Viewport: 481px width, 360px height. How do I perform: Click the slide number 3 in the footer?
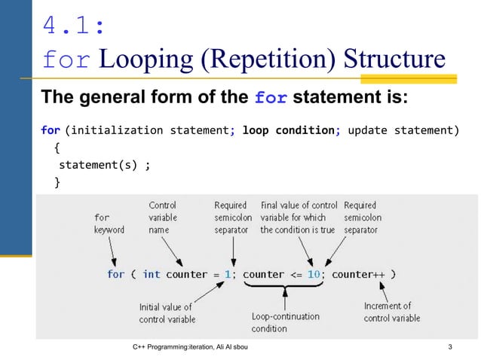click(x=450, y=347)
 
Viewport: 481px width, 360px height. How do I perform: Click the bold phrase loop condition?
click(x=288, y=130)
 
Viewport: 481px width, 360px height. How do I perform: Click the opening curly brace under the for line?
click(x=58, y=148)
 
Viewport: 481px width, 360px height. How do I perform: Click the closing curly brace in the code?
click(x=58, y=182)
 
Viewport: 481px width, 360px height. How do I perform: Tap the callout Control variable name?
click(x=164, y=217)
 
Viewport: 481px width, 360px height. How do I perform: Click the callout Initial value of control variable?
click(x=166, y=313)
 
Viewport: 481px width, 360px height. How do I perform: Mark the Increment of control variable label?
click(x=392, y=312)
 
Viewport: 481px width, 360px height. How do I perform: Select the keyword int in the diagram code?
click(x=152, y=274)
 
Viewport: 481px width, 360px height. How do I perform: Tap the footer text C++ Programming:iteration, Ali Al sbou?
click(x=195, y=347)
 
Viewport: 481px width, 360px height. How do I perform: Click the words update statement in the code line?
click(x=403, y=130)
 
